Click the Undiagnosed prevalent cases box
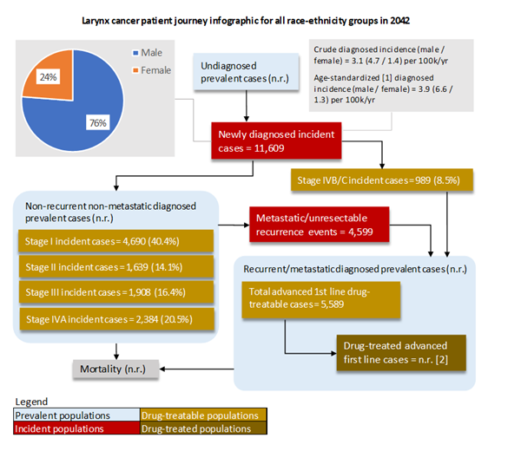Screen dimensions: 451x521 [x=241, y=74]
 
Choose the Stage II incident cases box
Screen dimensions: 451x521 [x=114, y=265]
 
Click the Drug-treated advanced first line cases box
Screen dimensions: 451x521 [x=400, y=351]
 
